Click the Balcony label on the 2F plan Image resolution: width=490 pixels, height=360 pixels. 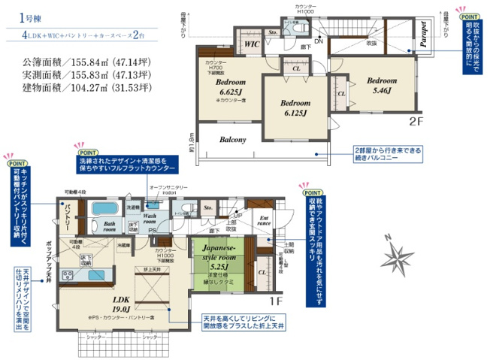click(234, 140)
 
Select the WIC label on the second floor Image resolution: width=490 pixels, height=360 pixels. click(251, 45)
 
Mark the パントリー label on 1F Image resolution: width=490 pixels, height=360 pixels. click(68, 217)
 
